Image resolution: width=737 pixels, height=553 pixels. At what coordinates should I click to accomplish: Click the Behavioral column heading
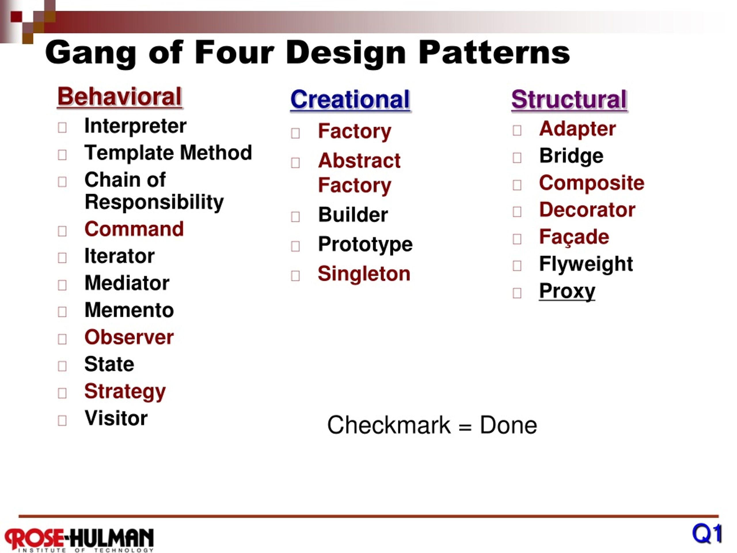pyautogui.click(x=119, y=97)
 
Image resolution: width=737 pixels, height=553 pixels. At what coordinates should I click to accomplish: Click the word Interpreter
pyautogui.click(x=135, y=126)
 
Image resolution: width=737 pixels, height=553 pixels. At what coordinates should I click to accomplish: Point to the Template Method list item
pyautogui.click(x=168, y=153)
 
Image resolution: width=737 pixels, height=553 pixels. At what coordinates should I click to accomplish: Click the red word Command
pyautogui.click(x=134, y=229)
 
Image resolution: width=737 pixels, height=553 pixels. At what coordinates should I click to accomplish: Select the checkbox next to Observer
pyautogui.click(x=62, y=339)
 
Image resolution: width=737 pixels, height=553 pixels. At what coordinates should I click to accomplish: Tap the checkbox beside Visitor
pyautogui.click(x=62, y=420)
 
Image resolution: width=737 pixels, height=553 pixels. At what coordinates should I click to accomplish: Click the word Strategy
pyautogui.click(x=125, y=391)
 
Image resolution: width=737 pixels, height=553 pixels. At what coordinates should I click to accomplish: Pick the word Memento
pyautogui.click(x=129, y=310)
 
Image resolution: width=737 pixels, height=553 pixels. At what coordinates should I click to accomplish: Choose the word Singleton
pyautogui.click(x=364, y=274)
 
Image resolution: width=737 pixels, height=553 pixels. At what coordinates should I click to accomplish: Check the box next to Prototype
pyautogui.click(x=295, y=246)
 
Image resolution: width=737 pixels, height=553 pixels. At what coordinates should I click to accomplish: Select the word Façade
pyautogui.click(x=574, y=237)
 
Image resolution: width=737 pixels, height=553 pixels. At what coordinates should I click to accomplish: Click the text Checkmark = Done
pyautogui.click(x=432, y=425)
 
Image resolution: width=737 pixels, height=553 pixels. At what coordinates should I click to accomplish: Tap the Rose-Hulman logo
pyautogui.click(x=79, y=539)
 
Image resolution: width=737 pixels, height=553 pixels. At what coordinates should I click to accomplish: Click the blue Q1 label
pyautogui.click(x=706, y=534)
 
